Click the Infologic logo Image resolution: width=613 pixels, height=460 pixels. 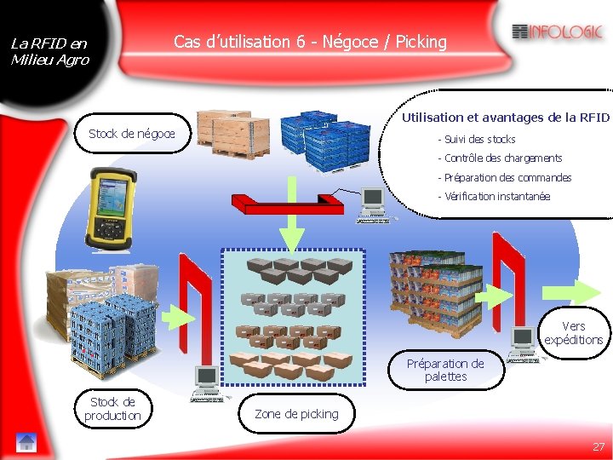558,32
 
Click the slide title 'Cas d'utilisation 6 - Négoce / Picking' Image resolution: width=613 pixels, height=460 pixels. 310,42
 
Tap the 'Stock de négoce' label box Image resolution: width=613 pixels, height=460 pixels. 132,133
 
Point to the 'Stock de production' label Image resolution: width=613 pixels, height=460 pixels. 112,409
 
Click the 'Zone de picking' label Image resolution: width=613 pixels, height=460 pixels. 296,414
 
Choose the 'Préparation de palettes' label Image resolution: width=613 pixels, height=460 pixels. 445,370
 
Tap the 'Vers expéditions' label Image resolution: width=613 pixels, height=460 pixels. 574,333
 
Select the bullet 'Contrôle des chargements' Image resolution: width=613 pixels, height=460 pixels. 502,158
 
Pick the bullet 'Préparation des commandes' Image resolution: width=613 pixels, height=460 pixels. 507,178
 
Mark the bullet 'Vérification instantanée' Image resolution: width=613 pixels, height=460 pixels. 497,197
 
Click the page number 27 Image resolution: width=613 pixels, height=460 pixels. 599,446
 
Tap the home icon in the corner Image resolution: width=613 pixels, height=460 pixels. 26,442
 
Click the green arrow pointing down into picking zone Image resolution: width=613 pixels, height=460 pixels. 293,232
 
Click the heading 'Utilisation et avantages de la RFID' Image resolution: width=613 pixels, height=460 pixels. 506,118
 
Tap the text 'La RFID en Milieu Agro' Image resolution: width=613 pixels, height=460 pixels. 49,52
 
